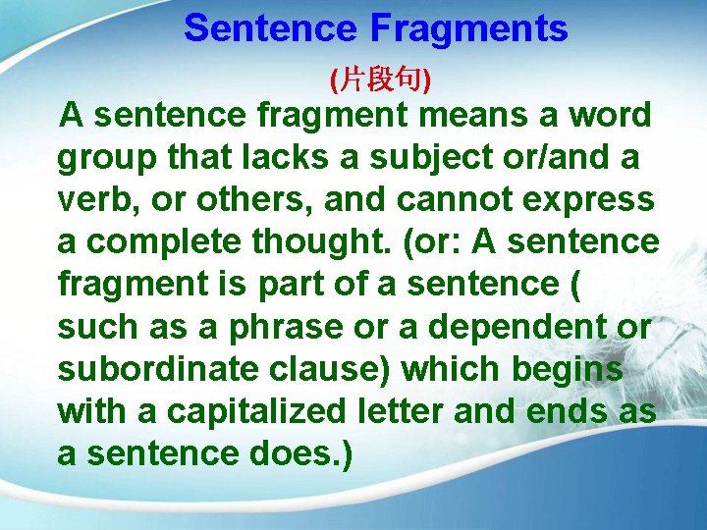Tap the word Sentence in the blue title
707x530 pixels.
271,29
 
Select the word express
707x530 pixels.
593,200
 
